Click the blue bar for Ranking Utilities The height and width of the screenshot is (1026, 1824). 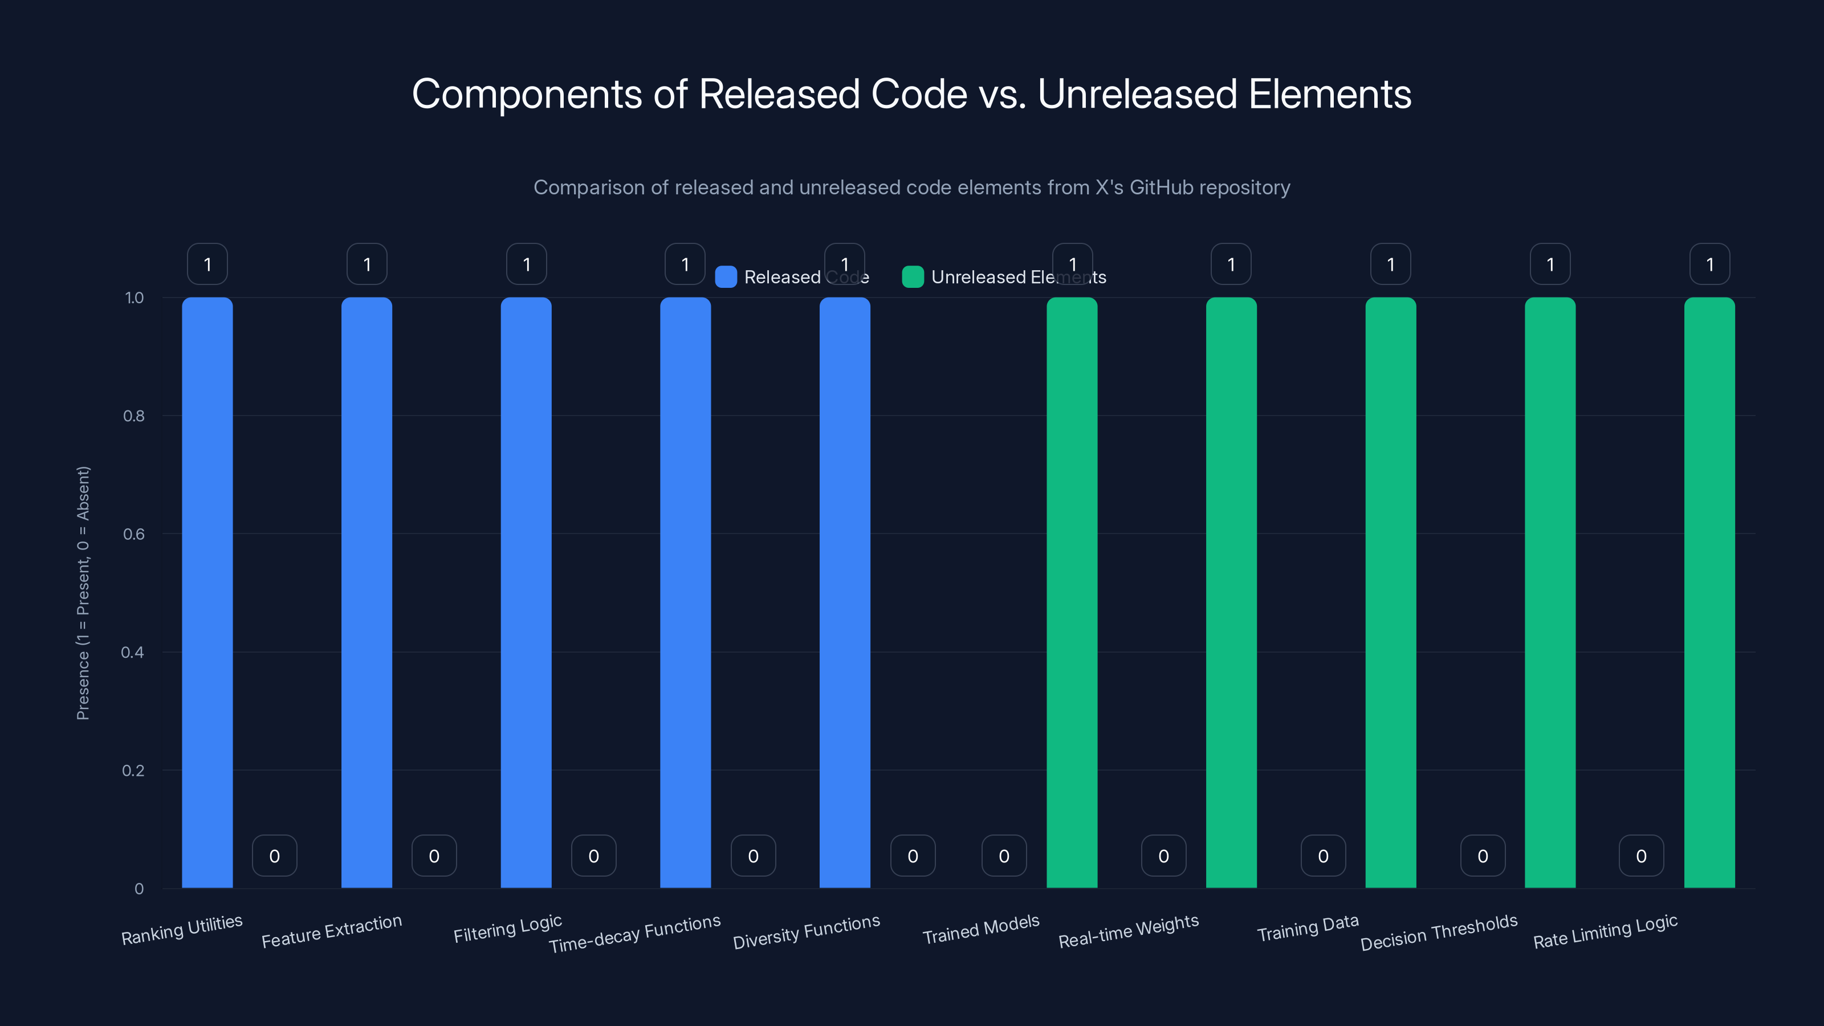pos(207,592)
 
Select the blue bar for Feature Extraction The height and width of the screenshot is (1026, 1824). pos(366,592)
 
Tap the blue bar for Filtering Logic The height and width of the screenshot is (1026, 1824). pos(526,592)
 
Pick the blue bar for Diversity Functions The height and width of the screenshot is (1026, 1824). pos(845,592)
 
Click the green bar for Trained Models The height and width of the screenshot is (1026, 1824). pos(1072,592)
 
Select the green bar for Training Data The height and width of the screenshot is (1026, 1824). pos(1391,592)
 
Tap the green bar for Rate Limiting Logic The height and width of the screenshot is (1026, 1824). pos(1709,592)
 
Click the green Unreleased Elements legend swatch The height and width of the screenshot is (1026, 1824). pos(913,277)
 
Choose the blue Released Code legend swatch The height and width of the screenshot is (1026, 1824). pos(726,277)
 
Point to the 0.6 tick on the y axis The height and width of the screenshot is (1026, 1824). pos(134,534)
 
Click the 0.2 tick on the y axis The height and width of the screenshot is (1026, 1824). pos(133,771)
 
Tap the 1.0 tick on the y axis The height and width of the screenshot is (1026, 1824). pos(134,298)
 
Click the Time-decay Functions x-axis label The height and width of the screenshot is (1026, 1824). pos(634,933)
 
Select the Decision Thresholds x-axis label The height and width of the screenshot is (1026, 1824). pos(1439,932)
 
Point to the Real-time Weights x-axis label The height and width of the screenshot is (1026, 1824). pos(1128,931)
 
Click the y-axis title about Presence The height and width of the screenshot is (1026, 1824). pos(83,593)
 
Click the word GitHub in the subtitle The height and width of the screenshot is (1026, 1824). pos(1161,188)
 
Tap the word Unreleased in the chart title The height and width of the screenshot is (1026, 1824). pos(1137,94)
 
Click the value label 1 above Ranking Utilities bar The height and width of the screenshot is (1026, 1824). pos(207,264)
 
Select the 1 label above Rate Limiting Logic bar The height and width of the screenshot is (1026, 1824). pos(1709,264)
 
